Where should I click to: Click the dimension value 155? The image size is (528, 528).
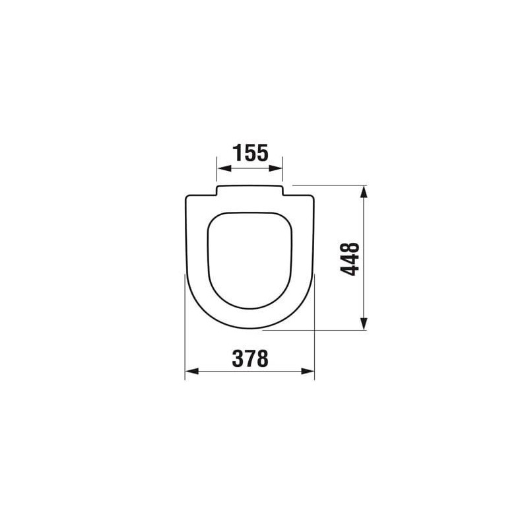(x=251, y=153)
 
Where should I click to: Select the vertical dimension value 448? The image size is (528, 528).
(x=350, y=259)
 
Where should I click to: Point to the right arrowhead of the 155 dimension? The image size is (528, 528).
(x=275, y=168)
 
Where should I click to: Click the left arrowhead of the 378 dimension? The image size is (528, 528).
(x=192, y=371)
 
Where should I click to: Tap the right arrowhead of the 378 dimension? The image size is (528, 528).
(x=308, y=371)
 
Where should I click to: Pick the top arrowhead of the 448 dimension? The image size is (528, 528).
(x=363, y=192)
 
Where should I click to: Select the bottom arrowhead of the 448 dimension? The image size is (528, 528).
(x=363, y=323)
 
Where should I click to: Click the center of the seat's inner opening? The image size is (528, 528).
(x=249, y=260)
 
